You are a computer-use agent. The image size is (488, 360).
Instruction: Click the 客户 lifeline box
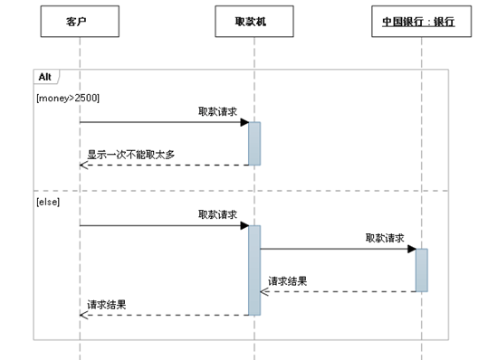(x=80, y=21)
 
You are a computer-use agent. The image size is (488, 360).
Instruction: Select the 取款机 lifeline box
(x=254, y=21)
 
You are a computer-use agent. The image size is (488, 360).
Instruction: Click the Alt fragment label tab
(x=44, y=76)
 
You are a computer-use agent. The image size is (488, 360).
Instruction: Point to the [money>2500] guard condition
(x=68, y=98)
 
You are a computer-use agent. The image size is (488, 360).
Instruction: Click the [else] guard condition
(x=47, y=202)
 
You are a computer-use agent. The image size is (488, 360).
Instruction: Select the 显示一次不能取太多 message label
(x=130, y=155)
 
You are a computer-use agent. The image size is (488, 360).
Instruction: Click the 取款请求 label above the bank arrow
(x=384, y=238)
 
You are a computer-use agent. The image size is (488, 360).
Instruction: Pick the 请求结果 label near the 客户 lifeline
(x=107, y=305)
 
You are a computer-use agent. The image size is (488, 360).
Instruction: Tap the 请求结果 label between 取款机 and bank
(x=287, y=281)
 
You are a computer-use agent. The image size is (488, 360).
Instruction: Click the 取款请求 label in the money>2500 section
(x=217, y=111)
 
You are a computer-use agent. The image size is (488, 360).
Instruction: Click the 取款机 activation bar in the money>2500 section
(x=254, y=143)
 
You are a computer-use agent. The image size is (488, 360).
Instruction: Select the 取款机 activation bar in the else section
(x=254, y=270)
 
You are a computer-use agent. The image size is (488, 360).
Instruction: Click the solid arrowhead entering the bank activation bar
(x=411, y=249)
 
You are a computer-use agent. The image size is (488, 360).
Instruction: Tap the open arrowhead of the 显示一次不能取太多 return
(x=82, y=165)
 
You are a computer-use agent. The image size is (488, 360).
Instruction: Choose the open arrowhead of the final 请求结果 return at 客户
(x=82, y=315)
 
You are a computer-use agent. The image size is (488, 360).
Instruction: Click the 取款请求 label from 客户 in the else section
(x=217, y=214)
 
